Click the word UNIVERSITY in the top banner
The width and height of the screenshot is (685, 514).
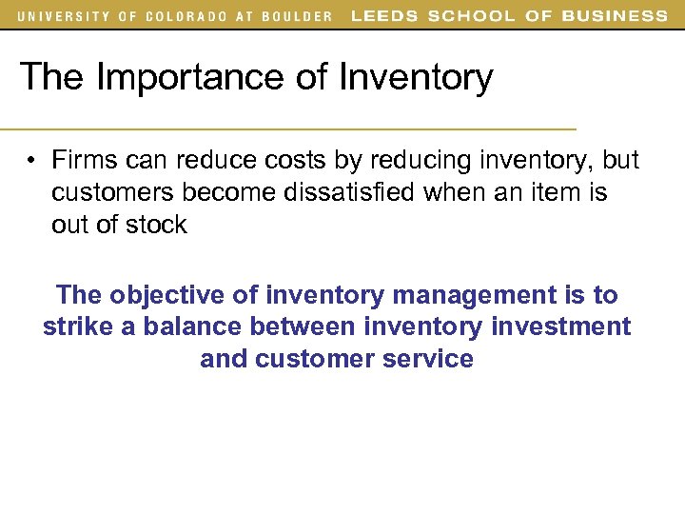pos(58,16)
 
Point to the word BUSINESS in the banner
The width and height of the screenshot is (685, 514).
pos(616,16)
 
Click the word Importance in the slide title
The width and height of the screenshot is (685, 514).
pos(190,77)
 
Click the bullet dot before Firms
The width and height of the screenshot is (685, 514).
pos(31,160)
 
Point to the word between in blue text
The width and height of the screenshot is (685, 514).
pos(303,326)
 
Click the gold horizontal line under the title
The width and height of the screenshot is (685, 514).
pos(285,128)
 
